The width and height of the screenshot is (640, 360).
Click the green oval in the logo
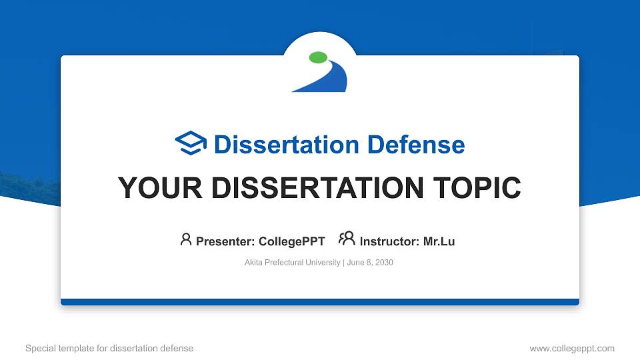[319, 57]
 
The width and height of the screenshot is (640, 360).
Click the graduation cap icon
[191, 143]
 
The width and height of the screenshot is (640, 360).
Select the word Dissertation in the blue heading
[287, 145]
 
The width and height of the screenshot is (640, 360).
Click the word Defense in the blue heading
[416, 145]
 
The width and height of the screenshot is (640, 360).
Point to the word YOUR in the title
[160, 188]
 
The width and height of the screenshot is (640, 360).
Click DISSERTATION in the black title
[317, 188]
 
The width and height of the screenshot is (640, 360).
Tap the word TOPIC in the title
[477, 188]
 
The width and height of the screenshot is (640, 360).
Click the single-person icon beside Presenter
[186, 239]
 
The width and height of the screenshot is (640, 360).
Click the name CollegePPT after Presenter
[292, 241]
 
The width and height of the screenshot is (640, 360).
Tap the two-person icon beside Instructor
[347, 239]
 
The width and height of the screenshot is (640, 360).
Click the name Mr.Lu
[439, 241]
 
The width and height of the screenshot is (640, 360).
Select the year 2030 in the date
[384, 263]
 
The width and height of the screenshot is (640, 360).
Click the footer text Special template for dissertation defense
[109, 348]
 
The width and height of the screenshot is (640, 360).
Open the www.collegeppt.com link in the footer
[572, 348]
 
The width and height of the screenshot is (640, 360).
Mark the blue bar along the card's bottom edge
[320, 302]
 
